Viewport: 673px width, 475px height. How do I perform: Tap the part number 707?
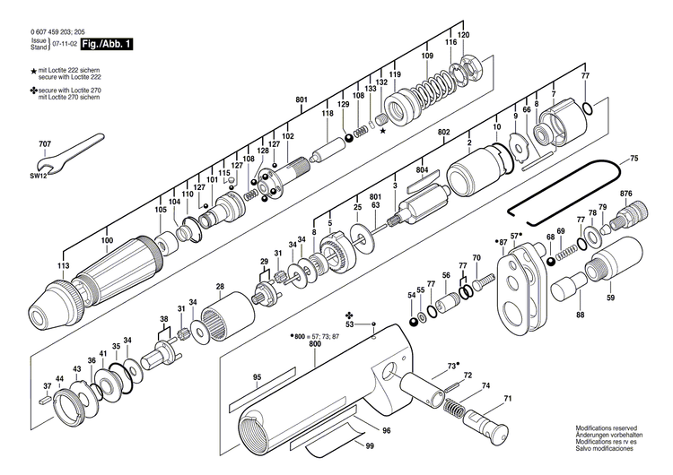[45, 144]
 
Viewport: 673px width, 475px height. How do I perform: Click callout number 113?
[62, 267]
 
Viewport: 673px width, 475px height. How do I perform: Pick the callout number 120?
[463, 35]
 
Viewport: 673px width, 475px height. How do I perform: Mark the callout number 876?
[625, 194]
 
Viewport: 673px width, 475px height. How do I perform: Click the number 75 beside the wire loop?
[634, 159]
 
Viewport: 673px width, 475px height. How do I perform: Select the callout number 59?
[610, 298]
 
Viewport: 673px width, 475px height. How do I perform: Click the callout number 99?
[369, 445]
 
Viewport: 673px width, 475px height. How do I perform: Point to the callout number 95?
[257, 377]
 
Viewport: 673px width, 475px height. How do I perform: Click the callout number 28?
[220, 287]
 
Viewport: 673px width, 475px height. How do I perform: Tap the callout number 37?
[47, 386]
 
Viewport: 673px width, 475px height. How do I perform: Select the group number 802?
[443, 132]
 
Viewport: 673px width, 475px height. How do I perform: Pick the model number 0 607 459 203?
[49, 33]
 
